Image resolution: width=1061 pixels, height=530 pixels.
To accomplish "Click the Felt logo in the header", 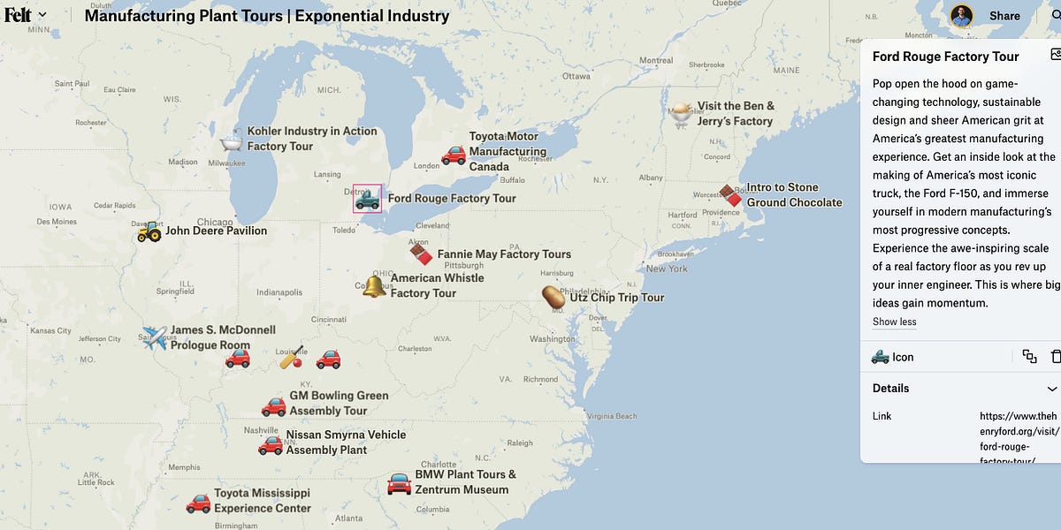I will coord(18,15).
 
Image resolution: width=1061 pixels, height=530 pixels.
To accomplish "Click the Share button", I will coord(1004,16).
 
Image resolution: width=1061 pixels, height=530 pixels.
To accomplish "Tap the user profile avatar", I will coord(961,16).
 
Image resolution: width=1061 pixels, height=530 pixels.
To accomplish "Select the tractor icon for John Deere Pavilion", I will coord(149,231).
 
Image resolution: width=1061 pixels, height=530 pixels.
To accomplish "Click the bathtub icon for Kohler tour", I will coord(231,140).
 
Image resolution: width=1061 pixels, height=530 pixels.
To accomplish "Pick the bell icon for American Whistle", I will coord(374,285).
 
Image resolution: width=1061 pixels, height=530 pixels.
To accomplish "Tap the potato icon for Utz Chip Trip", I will coord(554,298).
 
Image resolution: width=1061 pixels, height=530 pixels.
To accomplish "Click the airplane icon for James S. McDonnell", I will coord(155,337).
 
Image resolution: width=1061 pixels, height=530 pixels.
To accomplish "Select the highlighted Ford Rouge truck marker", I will coord(367,199).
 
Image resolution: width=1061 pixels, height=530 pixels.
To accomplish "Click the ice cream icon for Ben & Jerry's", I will coord(681,113).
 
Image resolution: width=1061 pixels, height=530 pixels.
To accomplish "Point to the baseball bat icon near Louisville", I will coord(292,358).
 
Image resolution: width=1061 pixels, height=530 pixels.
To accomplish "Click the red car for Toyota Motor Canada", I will coord(454,155).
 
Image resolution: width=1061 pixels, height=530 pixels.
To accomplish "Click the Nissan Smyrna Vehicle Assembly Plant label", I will coord(345,443).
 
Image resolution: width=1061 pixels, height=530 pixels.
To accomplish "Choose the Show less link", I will coord(894,322).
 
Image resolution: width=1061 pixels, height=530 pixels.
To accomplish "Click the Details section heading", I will coord(890,389).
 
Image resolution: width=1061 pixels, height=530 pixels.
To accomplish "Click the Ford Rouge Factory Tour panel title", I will coord(945,57).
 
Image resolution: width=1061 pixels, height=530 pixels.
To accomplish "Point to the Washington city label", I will coord(553,339).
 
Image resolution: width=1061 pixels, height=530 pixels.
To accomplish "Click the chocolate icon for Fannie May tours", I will coord(421,254).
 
